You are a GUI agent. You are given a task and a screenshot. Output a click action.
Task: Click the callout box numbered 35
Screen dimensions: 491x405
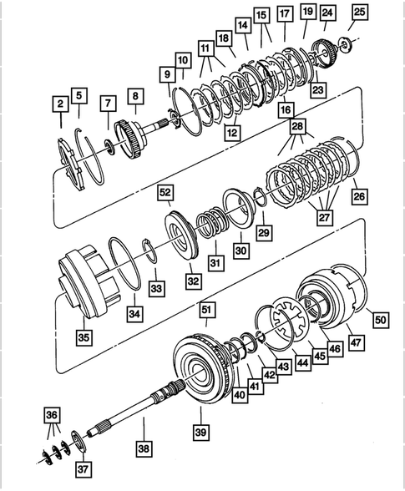(84, 337)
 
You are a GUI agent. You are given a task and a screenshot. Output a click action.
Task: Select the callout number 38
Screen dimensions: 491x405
(145, 448)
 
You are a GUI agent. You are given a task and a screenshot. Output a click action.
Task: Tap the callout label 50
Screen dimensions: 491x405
(380, 318)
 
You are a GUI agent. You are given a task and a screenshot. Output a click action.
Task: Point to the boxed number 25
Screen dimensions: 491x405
(359, 12)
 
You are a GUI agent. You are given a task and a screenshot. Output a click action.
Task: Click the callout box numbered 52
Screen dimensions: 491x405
(165, 194)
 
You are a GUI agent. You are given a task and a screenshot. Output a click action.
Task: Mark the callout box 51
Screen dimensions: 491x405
(207, 311)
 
